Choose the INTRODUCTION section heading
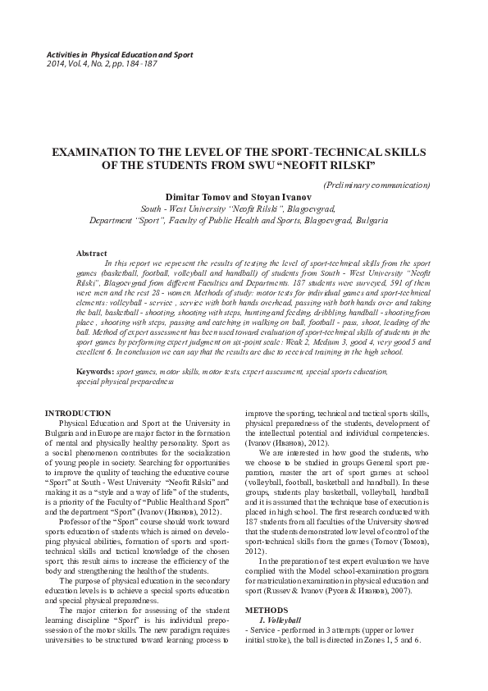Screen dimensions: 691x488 78,412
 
